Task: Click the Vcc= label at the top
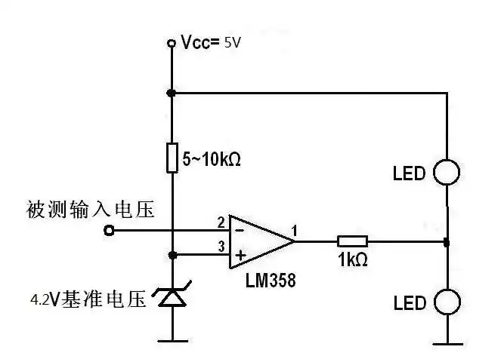pos(199,44)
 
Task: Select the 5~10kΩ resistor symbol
pos(172,159)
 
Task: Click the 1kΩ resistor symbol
pos(352,241)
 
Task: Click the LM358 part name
pos(271,281)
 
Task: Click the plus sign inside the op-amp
pos(240,256)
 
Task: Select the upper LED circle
pos(447,173)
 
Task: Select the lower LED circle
pos(447,302)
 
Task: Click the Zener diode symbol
pos(172,299)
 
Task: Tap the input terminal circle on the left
pos(110,231)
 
